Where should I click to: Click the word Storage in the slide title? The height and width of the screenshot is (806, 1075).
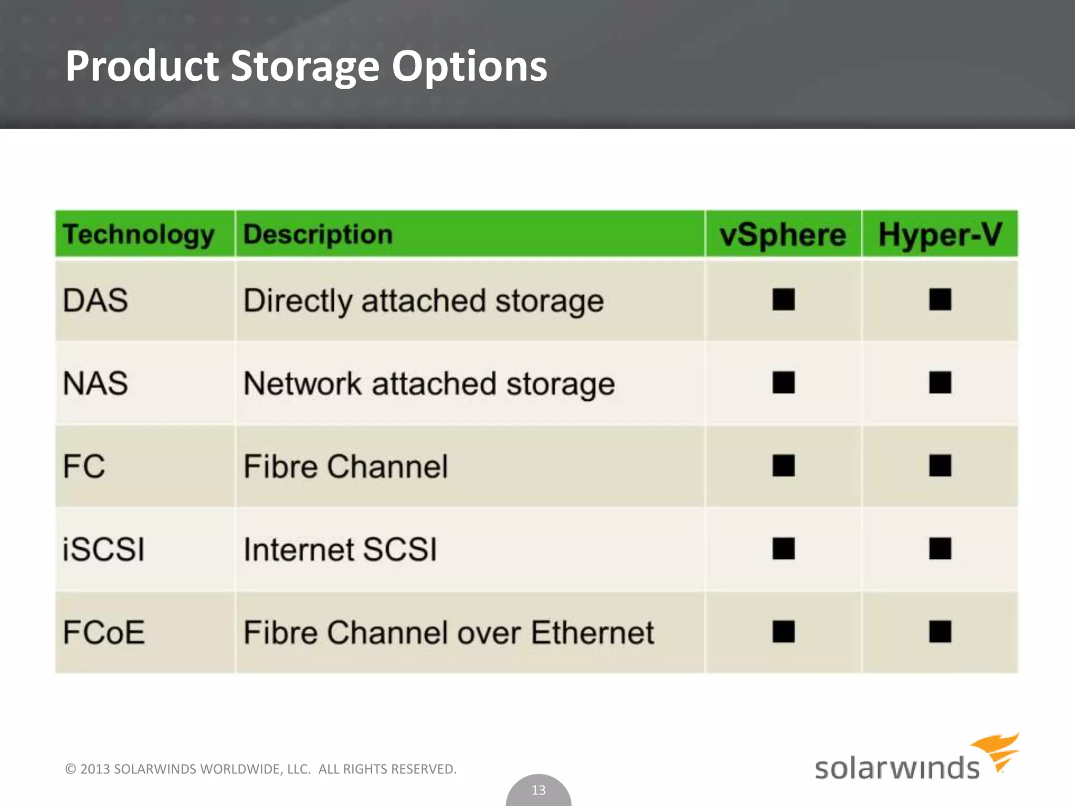304,67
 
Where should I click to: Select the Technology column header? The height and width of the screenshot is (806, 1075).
139,234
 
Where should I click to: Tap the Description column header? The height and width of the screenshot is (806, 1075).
318,234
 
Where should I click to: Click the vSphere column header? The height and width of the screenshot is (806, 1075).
783,235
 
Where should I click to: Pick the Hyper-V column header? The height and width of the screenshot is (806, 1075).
940,235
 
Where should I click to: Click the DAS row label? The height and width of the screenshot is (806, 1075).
96,301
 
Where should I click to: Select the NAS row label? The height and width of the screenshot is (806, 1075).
96,383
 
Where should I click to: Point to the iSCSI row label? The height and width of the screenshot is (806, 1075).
103,549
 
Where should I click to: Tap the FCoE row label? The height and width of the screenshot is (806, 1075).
104,632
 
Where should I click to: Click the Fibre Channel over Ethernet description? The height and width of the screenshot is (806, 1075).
449,632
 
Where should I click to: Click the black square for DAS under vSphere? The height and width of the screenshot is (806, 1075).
784,300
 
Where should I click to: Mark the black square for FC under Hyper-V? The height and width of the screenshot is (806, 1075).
940,465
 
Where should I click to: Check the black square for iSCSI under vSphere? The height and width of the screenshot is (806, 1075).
784,549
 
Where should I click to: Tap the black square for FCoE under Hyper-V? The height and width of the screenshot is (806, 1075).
940,632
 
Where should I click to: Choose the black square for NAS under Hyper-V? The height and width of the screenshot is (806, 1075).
940,383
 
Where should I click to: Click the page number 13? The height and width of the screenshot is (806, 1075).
539,790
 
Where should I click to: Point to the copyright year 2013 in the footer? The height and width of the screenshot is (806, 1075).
95,769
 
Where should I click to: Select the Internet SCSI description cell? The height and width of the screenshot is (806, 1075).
340,549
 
